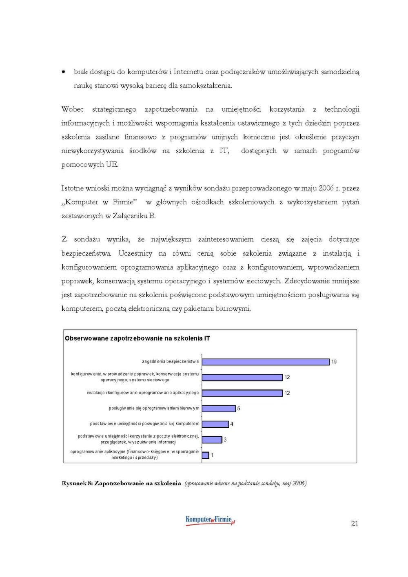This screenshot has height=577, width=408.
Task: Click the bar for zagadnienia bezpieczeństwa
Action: tap(265, 362)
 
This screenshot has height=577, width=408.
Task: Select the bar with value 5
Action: tap(219, 409)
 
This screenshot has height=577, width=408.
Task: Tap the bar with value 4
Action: tap(215, 424)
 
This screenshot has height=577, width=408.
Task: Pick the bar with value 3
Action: tap(212, 440)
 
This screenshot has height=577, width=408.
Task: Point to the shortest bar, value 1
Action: tap(206, 455)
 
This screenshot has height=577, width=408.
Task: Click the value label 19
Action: tap(334, 362)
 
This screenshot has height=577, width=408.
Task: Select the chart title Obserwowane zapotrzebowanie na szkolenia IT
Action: tap(137, 338)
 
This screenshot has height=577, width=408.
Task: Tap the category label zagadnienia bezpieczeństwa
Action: tap(170, 361)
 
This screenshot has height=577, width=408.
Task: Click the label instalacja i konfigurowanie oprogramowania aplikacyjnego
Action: tap(142, 393)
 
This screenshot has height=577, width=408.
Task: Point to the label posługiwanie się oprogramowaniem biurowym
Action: tap(154, 408)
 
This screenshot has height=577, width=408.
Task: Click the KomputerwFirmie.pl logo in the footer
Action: tap(210, 520)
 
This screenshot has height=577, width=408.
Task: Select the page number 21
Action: tap(355, 524)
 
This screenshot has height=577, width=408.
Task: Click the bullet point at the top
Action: tap(64, 72)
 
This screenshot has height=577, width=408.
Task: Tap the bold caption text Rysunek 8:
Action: tap(77, 483)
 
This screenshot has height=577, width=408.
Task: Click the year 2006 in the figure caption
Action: tap(299, 483)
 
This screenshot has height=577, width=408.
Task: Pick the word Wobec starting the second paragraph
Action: tap(72, 109)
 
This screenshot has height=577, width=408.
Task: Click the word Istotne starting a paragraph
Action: tap(73, 188)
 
